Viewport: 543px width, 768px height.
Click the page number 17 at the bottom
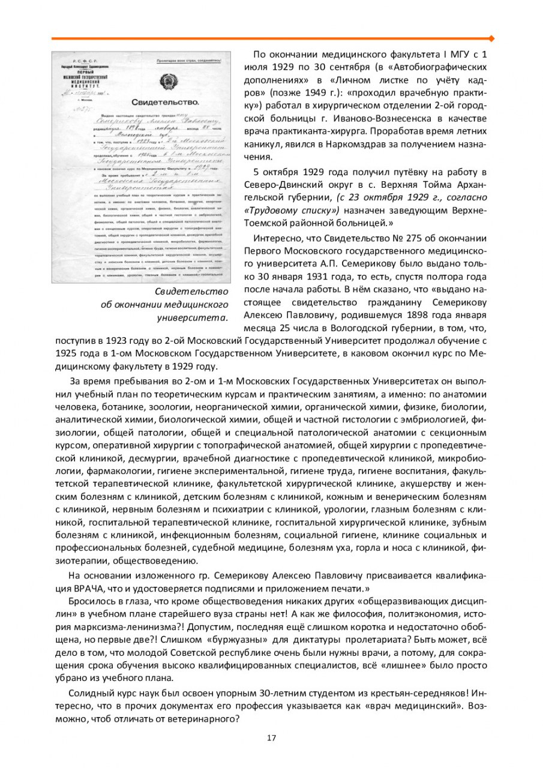271,737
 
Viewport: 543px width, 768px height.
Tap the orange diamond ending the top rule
491,39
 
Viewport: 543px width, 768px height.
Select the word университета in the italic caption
192,317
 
